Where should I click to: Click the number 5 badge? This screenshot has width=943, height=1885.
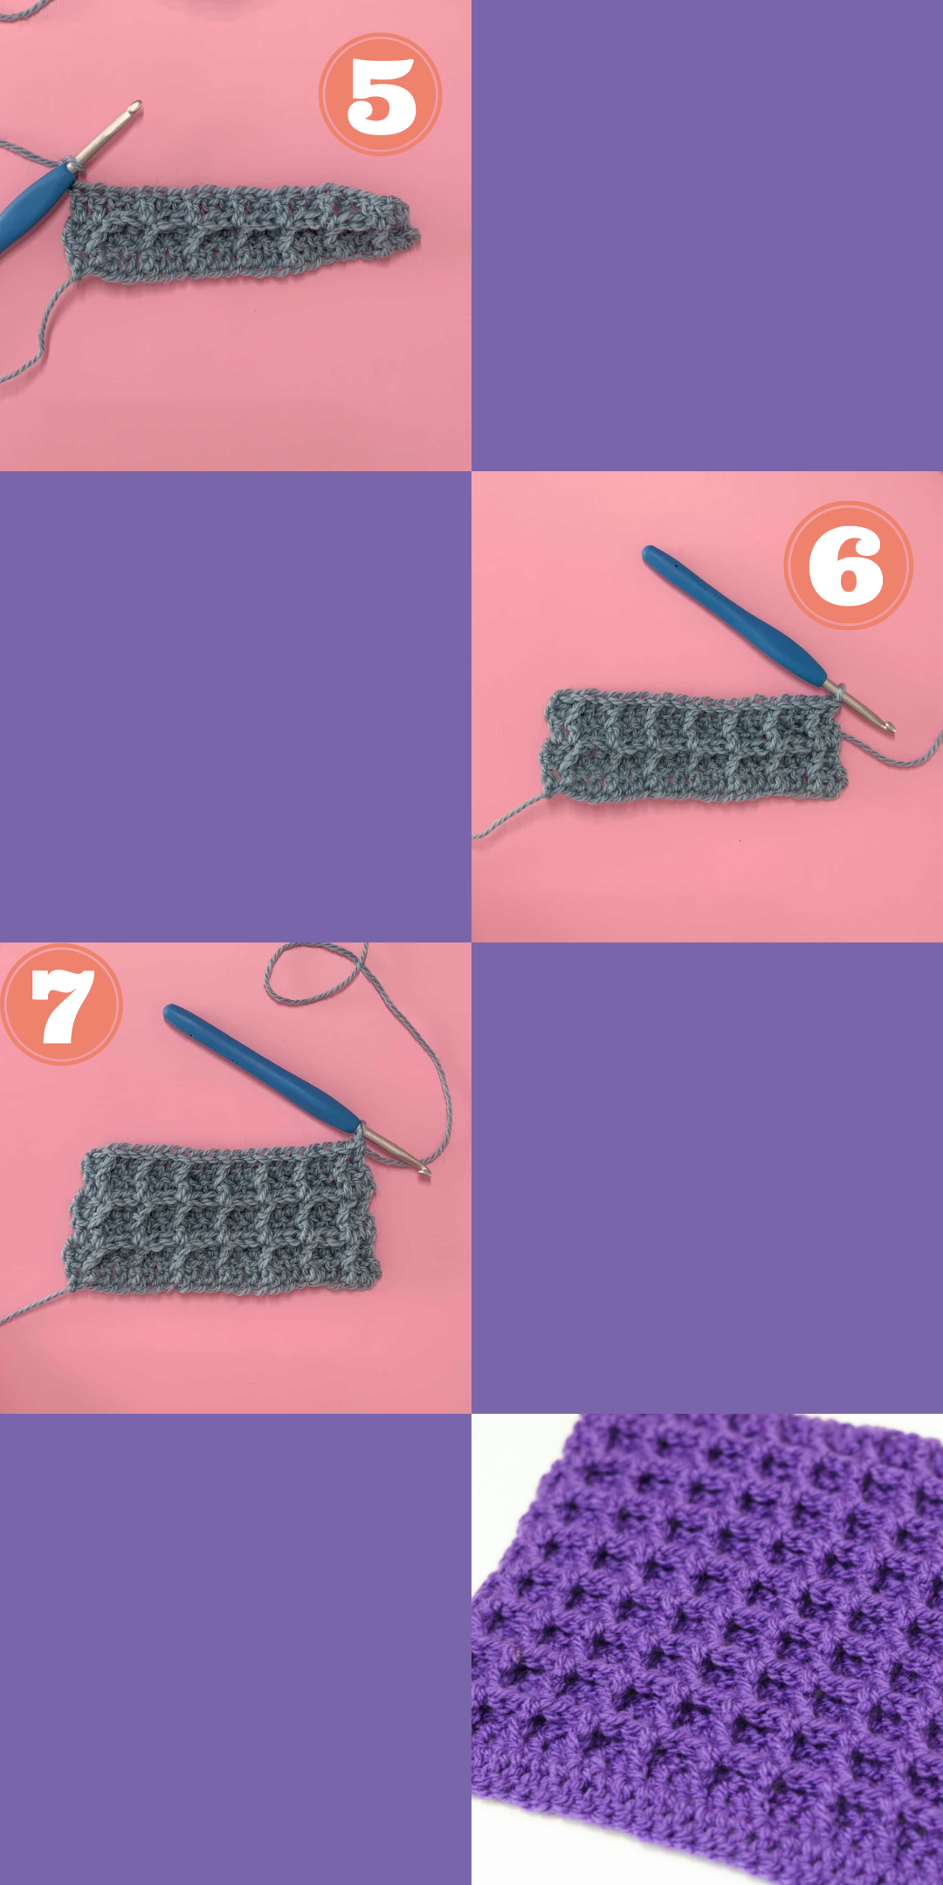tap(381, 94)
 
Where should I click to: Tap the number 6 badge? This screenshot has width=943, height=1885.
tap(848, 565)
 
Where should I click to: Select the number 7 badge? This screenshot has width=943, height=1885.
tap(62, 1004)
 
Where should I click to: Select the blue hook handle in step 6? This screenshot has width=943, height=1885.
tap(733, 614)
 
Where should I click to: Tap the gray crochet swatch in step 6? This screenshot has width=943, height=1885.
tap(694, 746)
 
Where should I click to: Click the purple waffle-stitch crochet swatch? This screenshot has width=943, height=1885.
tap(707, 1649)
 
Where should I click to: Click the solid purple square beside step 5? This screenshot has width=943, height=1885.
tap(707, 236)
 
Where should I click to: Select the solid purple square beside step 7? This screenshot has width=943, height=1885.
tap(707, 1178)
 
